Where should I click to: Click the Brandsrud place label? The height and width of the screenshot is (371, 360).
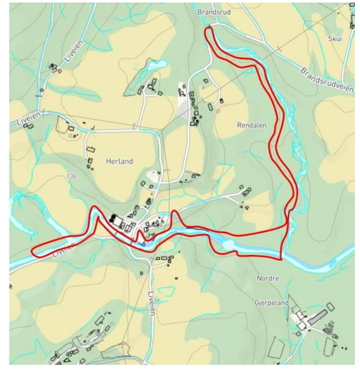point(212,11)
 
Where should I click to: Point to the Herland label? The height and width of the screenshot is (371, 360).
point(119,161)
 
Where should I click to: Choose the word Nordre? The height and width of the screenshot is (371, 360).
point(267,279)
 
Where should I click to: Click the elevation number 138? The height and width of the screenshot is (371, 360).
point(71,176)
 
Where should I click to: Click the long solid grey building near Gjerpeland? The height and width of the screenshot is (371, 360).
point(317,315)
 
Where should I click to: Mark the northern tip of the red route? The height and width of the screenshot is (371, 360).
point(207,29)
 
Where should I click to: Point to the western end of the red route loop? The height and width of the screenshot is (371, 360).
point(32,251)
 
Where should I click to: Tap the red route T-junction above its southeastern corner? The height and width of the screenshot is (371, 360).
point(287,225)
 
